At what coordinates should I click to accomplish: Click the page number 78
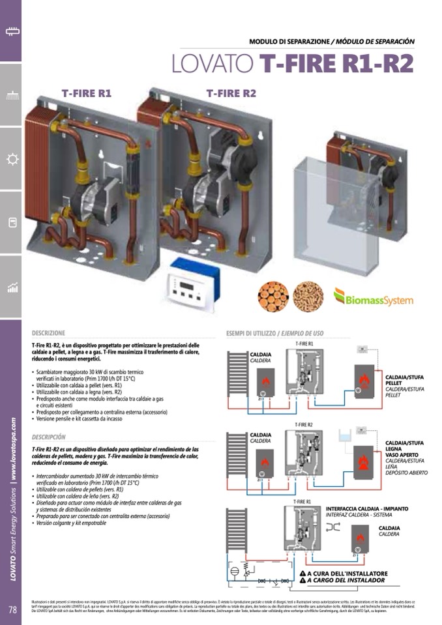click(12, 610)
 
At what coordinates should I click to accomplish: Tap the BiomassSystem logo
click(374, 297)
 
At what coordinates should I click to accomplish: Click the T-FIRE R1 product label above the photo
click(87, 94)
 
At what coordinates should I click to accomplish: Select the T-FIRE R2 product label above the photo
click(231, 94)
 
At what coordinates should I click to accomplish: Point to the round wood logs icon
click(273, 297)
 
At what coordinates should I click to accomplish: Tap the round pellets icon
click(308, 297)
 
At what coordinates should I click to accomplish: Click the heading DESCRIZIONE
click(49, 332)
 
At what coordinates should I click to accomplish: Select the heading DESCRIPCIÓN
click(49, 437)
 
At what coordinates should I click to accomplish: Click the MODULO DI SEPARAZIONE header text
click(289, 41)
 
